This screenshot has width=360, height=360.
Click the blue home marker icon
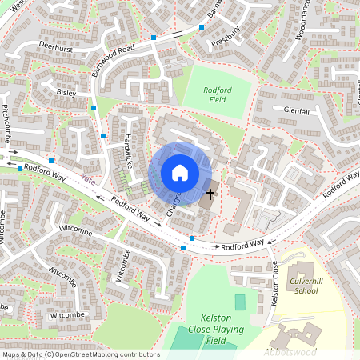pos(180,173)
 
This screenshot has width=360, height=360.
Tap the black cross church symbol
pos(211,194)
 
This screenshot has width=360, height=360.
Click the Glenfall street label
pos(296,111)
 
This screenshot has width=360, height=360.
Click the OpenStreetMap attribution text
pos(81,354)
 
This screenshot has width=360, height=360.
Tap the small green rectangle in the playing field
pos(240,302)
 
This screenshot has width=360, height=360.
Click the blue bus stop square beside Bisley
pos(94,106)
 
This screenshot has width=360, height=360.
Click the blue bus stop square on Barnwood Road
pos(154,38)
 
